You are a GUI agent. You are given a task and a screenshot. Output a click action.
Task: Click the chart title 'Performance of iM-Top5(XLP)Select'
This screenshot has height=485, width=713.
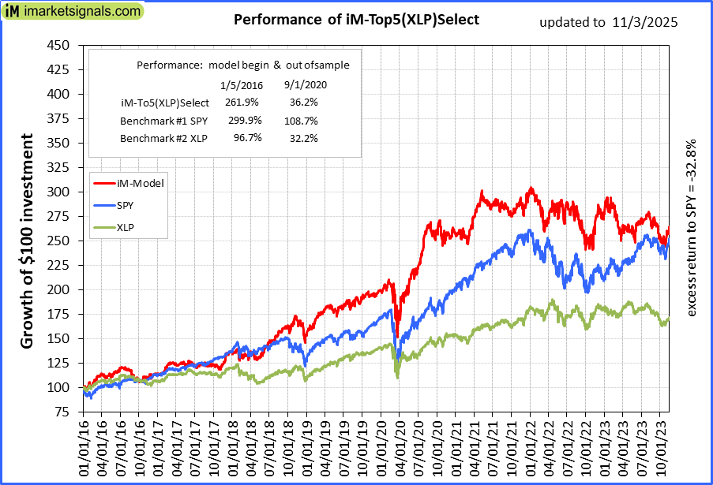click(x=357, y=20)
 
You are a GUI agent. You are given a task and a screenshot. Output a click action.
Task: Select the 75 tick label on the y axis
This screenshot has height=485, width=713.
click(x=62, y=412)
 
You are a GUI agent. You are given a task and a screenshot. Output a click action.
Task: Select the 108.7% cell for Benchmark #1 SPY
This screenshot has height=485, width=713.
click(x=301, y=121)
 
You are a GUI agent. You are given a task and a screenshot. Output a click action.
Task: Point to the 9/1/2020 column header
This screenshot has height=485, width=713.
click(x=305, y=84)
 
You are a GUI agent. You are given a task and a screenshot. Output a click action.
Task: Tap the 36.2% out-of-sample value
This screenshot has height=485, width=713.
click(x=301, y=103)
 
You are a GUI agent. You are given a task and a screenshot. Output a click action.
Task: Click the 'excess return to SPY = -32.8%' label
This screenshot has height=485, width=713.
click(x=692, y=229)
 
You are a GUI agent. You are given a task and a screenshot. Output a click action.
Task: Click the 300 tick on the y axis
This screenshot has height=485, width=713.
click(x=58, y=192)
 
